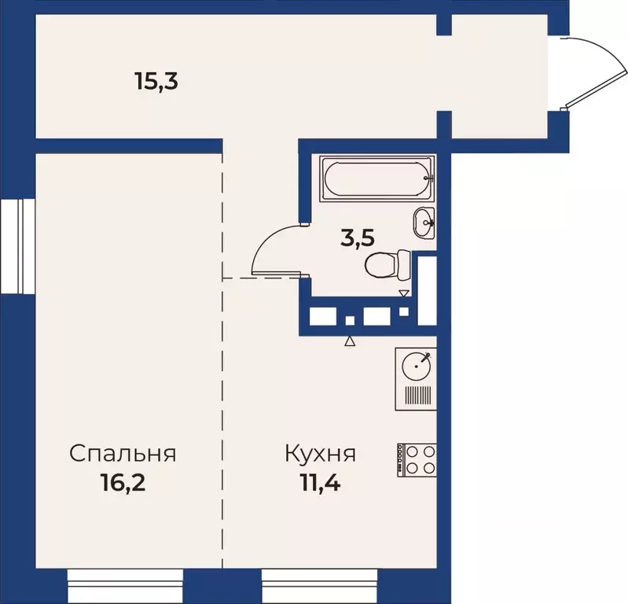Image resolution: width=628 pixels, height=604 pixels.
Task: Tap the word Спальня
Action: [122, 454]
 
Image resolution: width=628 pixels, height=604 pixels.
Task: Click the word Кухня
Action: [321, 454]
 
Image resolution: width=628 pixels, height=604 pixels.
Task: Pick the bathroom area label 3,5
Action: [356, 238]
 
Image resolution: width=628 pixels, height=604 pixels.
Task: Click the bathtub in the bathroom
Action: [378, 178]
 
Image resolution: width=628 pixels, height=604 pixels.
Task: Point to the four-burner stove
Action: [417, 458]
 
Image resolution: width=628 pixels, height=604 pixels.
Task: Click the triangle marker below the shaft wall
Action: [351, 341]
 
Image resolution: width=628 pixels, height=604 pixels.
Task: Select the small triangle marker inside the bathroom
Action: [404, 294]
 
